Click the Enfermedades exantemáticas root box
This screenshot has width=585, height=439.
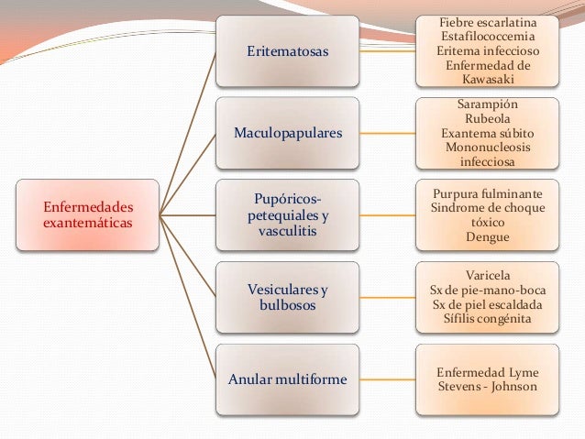[x=88, y=215]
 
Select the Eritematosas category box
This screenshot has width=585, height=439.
[x=288, y=51]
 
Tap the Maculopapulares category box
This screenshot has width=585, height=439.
[x=288, y=134]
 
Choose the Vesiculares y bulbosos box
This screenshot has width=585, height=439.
[x=288, y=297]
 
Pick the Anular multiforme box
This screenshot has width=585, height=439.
[x=288, y=379]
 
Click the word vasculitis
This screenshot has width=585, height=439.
[x=288, y=233]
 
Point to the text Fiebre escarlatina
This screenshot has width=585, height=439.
[x=487, y=21]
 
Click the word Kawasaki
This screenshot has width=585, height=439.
[x=487, y=80]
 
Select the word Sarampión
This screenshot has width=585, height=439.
[x=487, y=104]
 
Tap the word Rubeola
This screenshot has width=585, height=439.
[x=487, y=118]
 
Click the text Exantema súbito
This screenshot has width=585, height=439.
[x=487, y=133]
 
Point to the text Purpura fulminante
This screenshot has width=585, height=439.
[x=487, y=194]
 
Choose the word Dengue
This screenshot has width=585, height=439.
[x=487, y=236]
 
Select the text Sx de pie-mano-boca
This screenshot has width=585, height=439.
[x=487, y=291]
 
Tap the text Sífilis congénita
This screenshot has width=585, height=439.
[x=487, y=320]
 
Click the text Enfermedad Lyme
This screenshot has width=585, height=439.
[x=487, y=372]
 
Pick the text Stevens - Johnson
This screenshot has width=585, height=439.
[x=487, y=387]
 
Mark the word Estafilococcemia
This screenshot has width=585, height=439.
[x=487, y=36]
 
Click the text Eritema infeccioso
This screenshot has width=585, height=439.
[x=487, y=50]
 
